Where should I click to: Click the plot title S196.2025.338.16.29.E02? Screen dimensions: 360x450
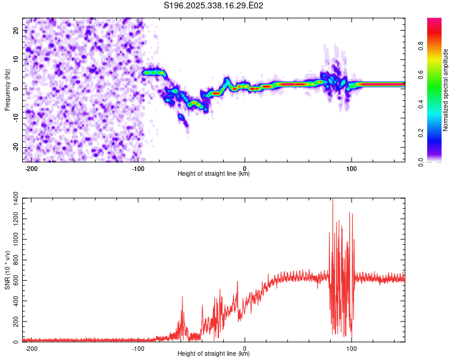coord(214,6)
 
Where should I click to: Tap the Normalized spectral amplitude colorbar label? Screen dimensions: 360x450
coord(446,90)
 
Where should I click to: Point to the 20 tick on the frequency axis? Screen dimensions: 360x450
coord(16,30)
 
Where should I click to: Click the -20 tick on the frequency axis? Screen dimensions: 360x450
coord(15,147)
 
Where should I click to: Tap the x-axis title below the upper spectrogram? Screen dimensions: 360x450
coord(214,174)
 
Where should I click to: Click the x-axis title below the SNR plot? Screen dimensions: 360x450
coord(214,354)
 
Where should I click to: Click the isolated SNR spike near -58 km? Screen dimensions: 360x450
coord(182,298)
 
